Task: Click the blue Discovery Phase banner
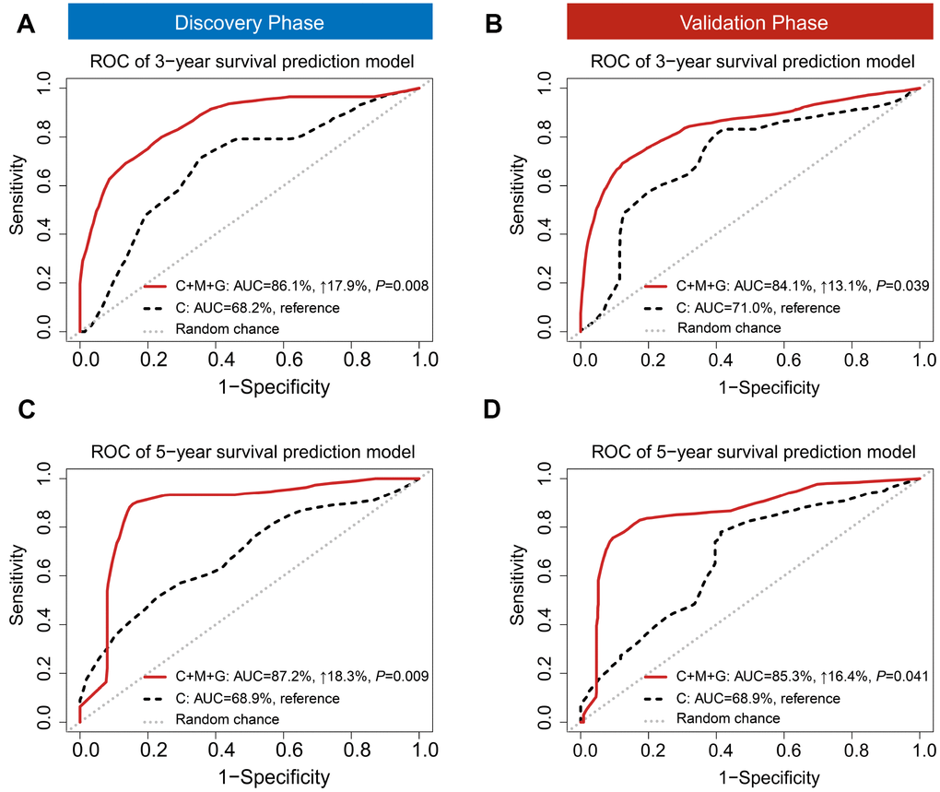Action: (250, 21)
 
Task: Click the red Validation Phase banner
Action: (751, 21)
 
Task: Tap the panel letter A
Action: (29, 25)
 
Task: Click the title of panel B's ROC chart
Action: (751, 62)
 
